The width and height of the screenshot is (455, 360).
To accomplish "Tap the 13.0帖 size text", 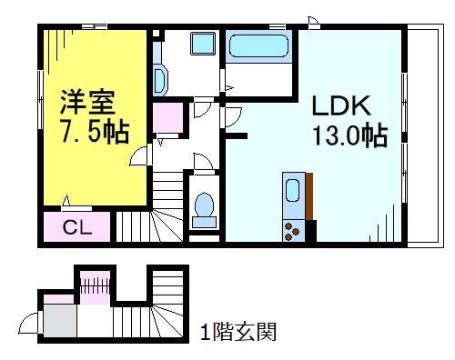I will tap(346, 137).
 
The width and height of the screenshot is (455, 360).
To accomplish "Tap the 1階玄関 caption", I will tap(238, 330).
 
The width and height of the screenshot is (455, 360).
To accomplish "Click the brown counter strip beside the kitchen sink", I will tap(309, 195).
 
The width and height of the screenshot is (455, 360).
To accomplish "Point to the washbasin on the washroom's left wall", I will tap(161, 81).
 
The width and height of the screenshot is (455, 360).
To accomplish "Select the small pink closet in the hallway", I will tap(167, 119).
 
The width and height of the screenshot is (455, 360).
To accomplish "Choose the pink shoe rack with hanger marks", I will tap(94, 285).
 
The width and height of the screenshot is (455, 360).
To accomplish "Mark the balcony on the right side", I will tap(420, 136).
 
